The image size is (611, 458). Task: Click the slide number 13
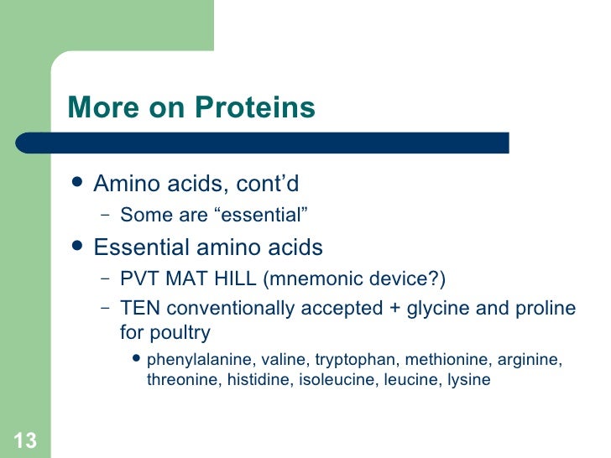coord(25,440)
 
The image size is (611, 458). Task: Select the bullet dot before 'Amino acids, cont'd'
coord(78,182)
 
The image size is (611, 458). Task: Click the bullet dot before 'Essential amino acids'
coord(78,247)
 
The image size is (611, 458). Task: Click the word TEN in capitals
coord(138,308)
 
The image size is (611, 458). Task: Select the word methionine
coord(447,360)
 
